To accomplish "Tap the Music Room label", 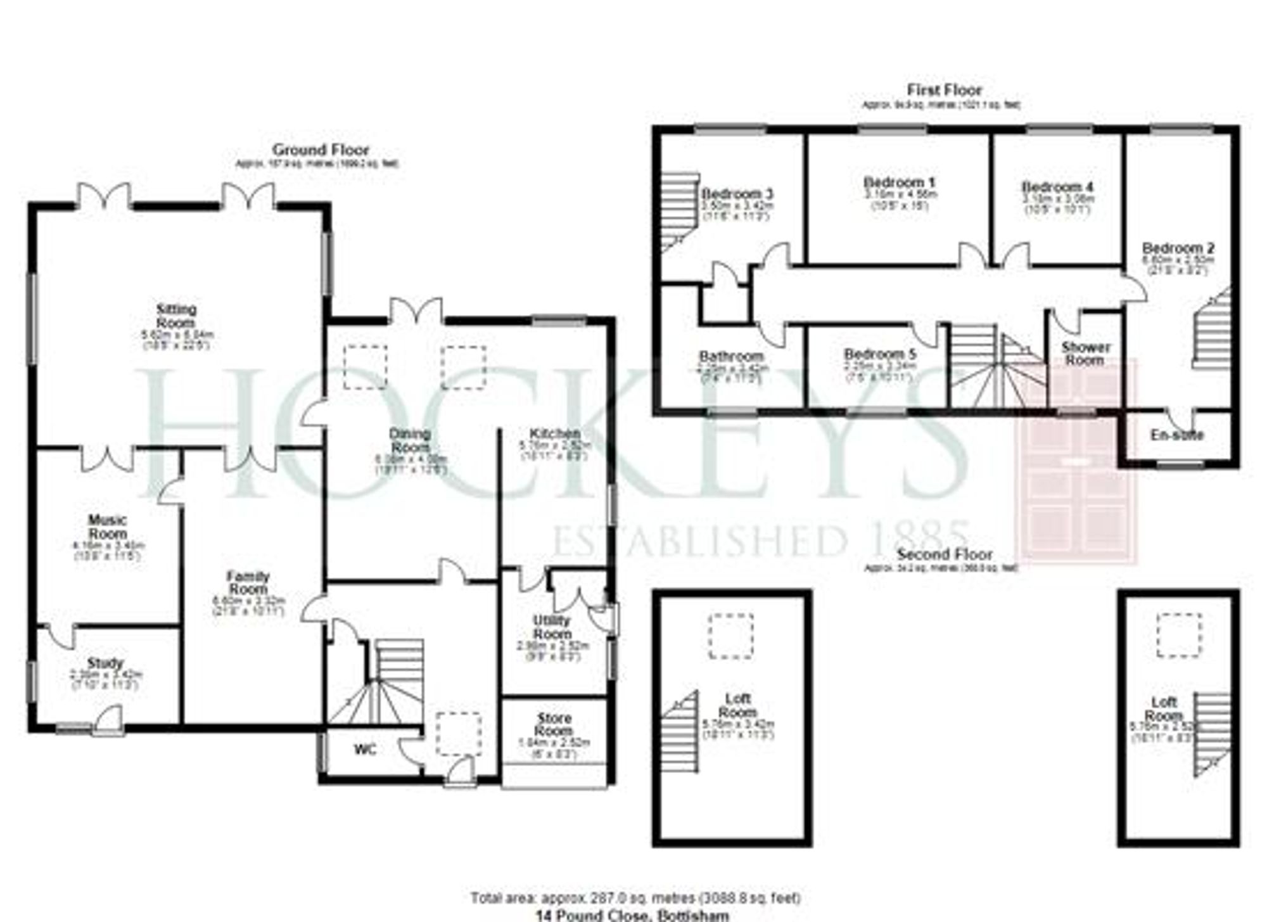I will (x=108, y=527).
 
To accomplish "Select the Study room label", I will (x=105, y=663).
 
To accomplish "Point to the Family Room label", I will (x=248, y=583).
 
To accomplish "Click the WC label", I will (x=366, y=750).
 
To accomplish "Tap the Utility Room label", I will (x=552, y=627).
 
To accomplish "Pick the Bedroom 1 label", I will (x=899, y=182).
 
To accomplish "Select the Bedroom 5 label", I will (x=881, y=354).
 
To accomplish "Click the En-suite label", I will (x=1177, y=435).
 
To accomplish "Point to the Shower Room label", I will (x=1086, y=354).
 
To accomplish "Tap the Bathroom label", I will (x=731, y=357).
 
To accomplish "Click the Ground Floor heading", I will (x=321, y=150).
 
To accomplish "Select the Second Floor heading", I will (x=945, y=554).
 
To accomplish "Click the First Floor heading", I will (x=945, y=90).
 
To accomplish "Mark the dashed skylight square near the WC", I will (x=459, y=733).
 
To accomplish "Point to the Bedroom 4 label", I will (x=1057, y=187).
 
